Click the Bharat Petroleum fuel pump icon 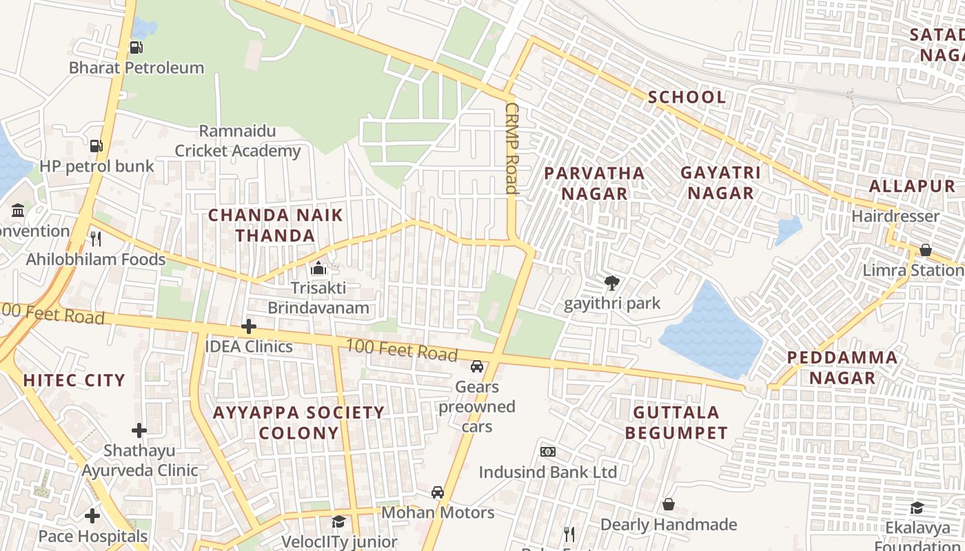pyautogui.click(x=136, y=48)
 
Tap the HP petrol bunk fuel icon pyautogui.click(x=96, y=146)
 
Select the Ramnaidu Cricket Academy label pyautogui.click(x=238, y=141)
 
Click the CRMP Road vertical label pyautogui.click(x=511, y=148)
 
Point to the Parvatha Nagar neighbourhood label pyautogui.click(x=594, y=183)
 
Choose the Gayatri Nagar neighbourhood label pyautogui.click(x=720, y=183)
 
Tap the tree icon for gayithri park pyautogui.click(x=611, y=282)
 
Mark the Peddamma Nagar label pyautogui.click(x=842, y=368)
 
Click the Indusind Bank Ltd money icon pyautogui.click(x=548, y=452)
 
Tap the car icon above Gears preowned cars pyautogui.click(x=477, y=366)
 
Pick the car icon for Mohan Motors pyautogui.click(x=438, y=492)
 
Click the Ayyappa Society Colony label pyautogui.click(x=298, y=423)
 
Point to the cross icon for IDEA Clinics pyautogui.click(x=249, y=326)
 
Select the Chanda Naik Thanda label pyautogui.click(x=276, y=225)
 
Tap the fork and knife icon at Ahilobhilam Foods pyautogui.click(x=96, y=239)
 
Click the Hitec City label pyautogui.click(x=74, y=380)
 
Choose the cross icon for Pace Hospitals pyautogui.click(x=92, y=516)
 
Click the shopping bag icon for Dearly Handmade pyautogui.click(x=668, y=505)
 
